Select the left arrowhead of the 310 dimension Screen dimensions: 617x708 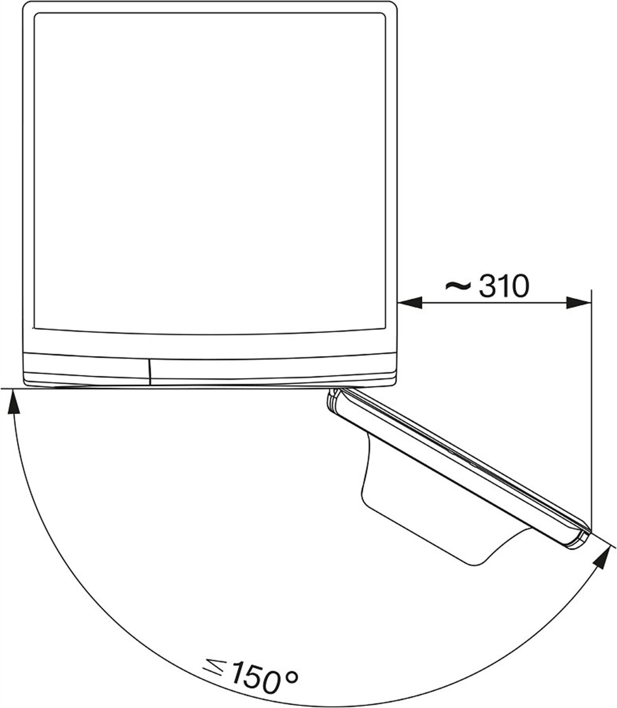[410, 303]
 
